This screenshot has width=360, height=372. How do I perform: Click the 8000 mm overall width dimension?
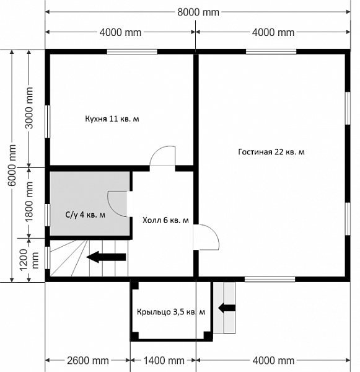[198, 12]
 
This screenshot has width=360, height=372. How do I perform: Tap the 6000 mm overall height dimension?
[12, 165]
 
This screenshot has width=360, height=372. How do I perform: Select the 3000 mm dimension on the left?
[29, 108]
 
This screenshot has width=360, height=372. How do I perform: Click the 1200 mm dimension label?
[29, 260]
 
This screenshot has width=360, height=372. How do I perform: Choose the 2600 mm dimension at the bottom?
[88, 361]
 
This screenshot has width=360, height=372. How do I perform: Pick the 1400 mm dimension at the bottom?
[164, 361]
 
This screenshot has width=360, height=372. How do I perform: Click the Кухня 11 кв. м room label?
[112, 118]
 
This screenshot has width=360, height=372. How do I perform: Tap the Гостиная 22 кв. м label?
[271, 152]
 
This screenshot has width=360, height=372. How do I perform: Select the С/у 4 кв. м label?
[86, 215]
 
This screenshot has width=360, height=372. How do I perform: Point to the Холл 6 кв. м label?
[165, 220]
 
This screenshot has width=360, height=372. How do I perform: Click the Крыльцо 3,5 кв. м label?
[171, 312]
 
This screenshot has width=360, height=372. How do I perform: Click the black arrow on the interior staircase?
[106, 257]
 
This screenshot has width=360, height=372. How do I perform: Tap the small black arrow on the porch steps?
[227, 308]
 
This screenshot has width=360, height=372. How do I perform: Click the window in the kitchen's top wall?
[132, 52]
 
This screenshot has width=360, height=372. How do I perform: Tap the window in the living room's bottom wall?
[270, 279]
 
